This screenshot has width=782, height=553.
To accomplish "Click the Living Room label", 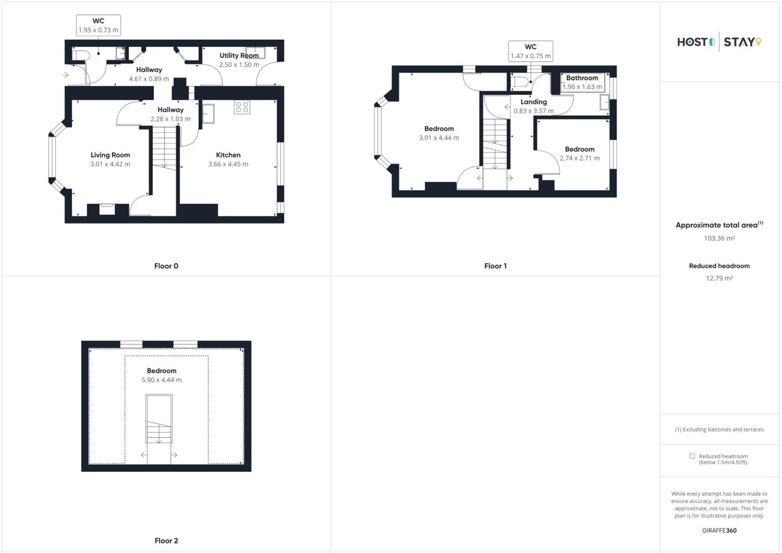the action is click(110, 155).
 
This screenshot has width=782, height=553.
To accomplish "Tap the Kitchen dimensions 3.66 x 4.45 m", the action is click(228, 164).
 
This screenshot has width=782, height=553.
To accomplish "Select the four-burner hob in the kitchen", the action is click(242, 107).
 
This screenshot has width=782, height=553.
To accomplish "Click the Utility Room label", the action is click(239, 56).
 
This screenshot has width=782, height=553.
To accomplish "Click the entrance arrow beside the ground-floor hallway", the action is click(65, 75).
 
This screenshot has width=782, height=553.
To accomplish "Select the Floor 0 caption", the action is click(166, 266).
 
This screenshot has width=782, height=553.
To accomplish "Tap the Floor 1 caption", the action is click(495, 266).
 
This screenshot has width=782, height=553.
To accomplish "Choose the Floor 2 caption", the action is click(166, 541).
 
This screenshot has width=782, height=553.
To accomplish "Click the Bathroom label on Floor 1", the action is click(582, 78).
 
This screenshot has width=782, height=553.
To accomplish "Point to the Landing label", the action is click(534, 102).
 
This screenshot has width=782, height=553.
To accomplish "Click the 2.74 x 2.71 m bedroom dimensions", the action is click(580, 158).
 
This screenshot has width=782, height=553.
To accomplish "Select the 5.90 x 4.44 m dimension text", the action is click(162, 380).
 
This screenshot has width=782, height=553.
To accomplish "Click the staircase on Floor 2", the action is click(159, 419).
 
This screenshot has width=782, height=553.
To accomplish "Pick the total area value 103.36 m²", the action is click(719, 238).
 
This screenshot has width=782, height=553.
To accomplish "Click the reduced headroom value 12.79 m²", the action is click(719, 278).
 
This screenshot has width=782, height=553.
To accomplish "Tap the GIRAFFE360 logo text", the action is click(719, 531).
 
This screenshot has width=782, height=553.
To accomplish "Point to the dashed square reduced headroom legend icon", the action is click(692, 456).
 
